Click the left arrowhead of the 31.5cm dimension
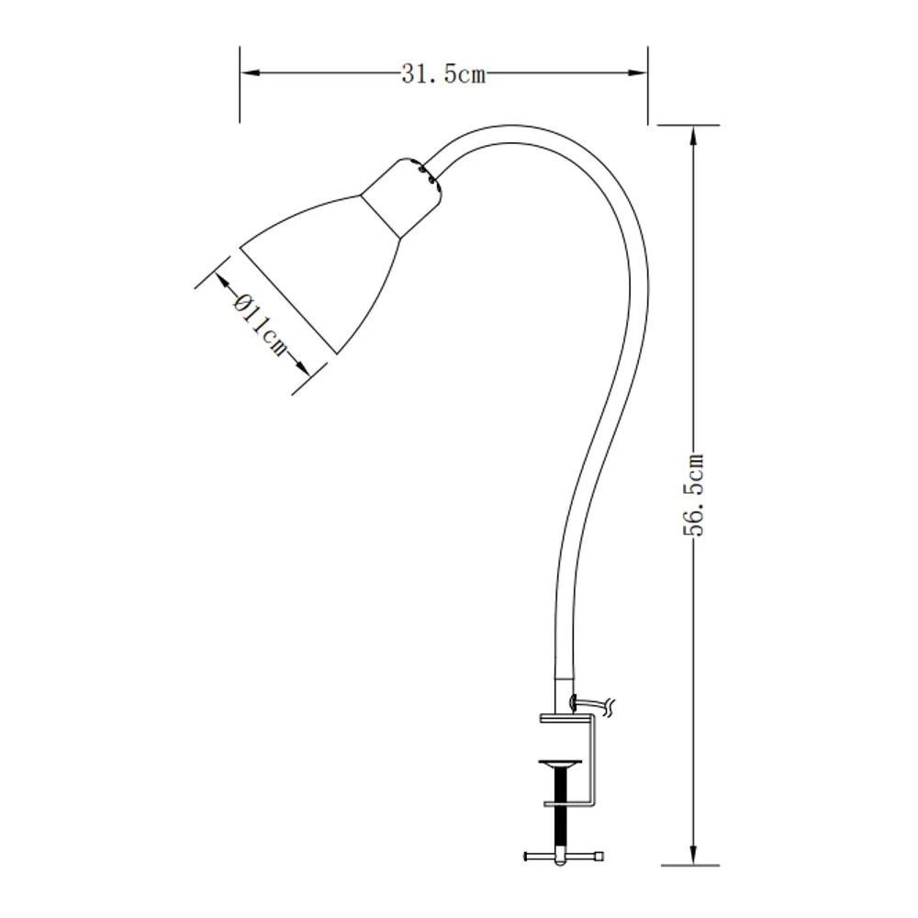(x=248, y=71)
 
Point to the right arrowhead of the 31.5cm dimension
(x=640, y=71)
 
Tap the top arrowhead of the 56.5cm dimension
(x=690, y=133)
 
